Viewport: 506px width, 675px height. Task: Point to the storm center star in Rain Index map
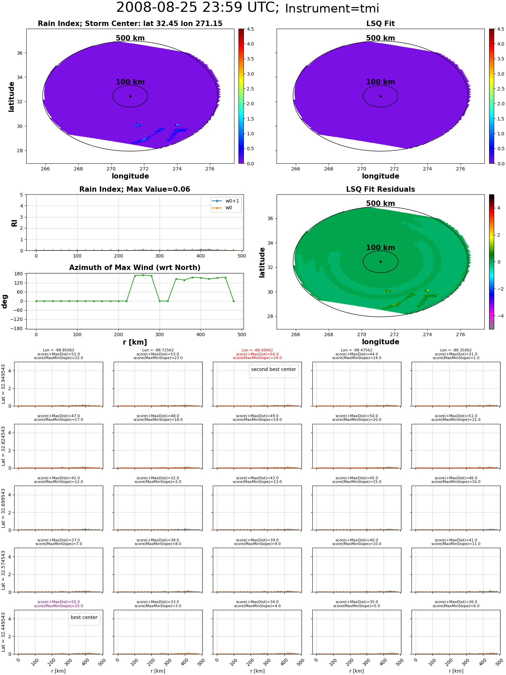pyautogui.click(x=130, y=96)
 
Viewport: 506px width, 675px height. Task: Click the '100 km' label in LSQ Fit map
pyautogui.click(x=381, y=82)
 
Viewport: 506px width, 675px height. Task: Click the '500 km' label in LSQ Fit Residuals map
pyautogui.click(x=381, y=204)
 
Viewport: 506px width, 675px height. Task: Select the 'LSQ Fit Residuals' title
pyautogui.click(x=381, y=189)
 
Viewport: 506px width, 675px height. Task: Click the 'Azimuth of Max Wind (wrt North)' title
pyautogui.click(x=135, y=268)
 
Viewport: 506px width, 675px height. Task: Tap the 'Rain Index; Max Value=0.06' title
pyautogui.click(x=135, y=189)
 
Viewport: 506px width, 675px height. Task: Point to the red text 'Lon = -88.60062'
pyautogui.click(x=257, y=350)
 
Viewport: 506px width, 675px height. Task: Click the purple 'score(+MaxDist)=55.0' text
pyautogui.click(x=59, y=602)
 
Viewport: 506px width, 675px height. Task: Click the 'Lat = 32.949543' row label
pyautogui.click(x=3, y=384)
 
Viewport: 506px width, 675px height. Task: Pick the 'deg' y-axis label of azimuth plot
pyautogui.click(x=5, y=301)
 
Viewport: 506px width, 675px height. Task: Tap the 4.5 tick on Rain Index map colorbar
pyautogui.click(x=250, y=29)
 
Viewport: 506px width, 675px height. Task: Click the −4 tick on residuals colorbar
pyautogui.click(x=498, y=316)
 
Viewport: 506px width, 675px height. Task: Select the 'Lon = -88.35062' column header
pyautogui.click(x=456, y=350)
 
